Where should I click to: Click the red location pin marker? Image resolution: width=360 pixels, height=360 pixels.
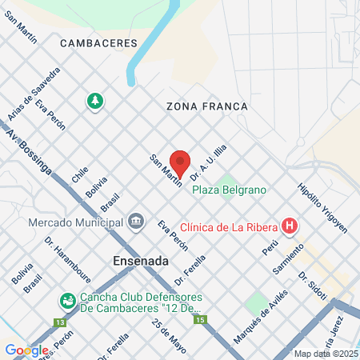pyautogui.click(x=180, y=163)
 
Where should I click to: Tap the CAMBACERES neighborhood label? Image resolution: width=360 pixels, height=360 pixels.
pyautogui.click(x=98, y=42)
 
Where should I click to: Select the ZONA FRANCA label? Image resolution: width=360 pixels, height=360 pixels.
pyautogui.click(x=207, y=106)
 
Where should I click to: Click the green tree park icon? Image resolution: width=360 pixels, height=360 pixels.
pyautogui.click(x=95, y=102)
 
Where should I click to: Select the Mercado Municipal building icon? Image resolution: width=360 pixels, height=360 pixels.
pyautogui.click(x=136, y=220)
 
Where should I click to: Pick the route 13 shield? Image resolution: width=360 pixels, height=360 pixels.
pyautogui.click(x=59, y=322)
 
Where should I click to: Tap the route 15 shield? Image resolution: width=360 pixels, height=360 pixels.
pyautogui.click(x=200, y=319)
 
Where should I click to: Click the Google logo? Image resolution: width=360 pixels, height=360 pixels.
pyautogui.click(x=26, y=350)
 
